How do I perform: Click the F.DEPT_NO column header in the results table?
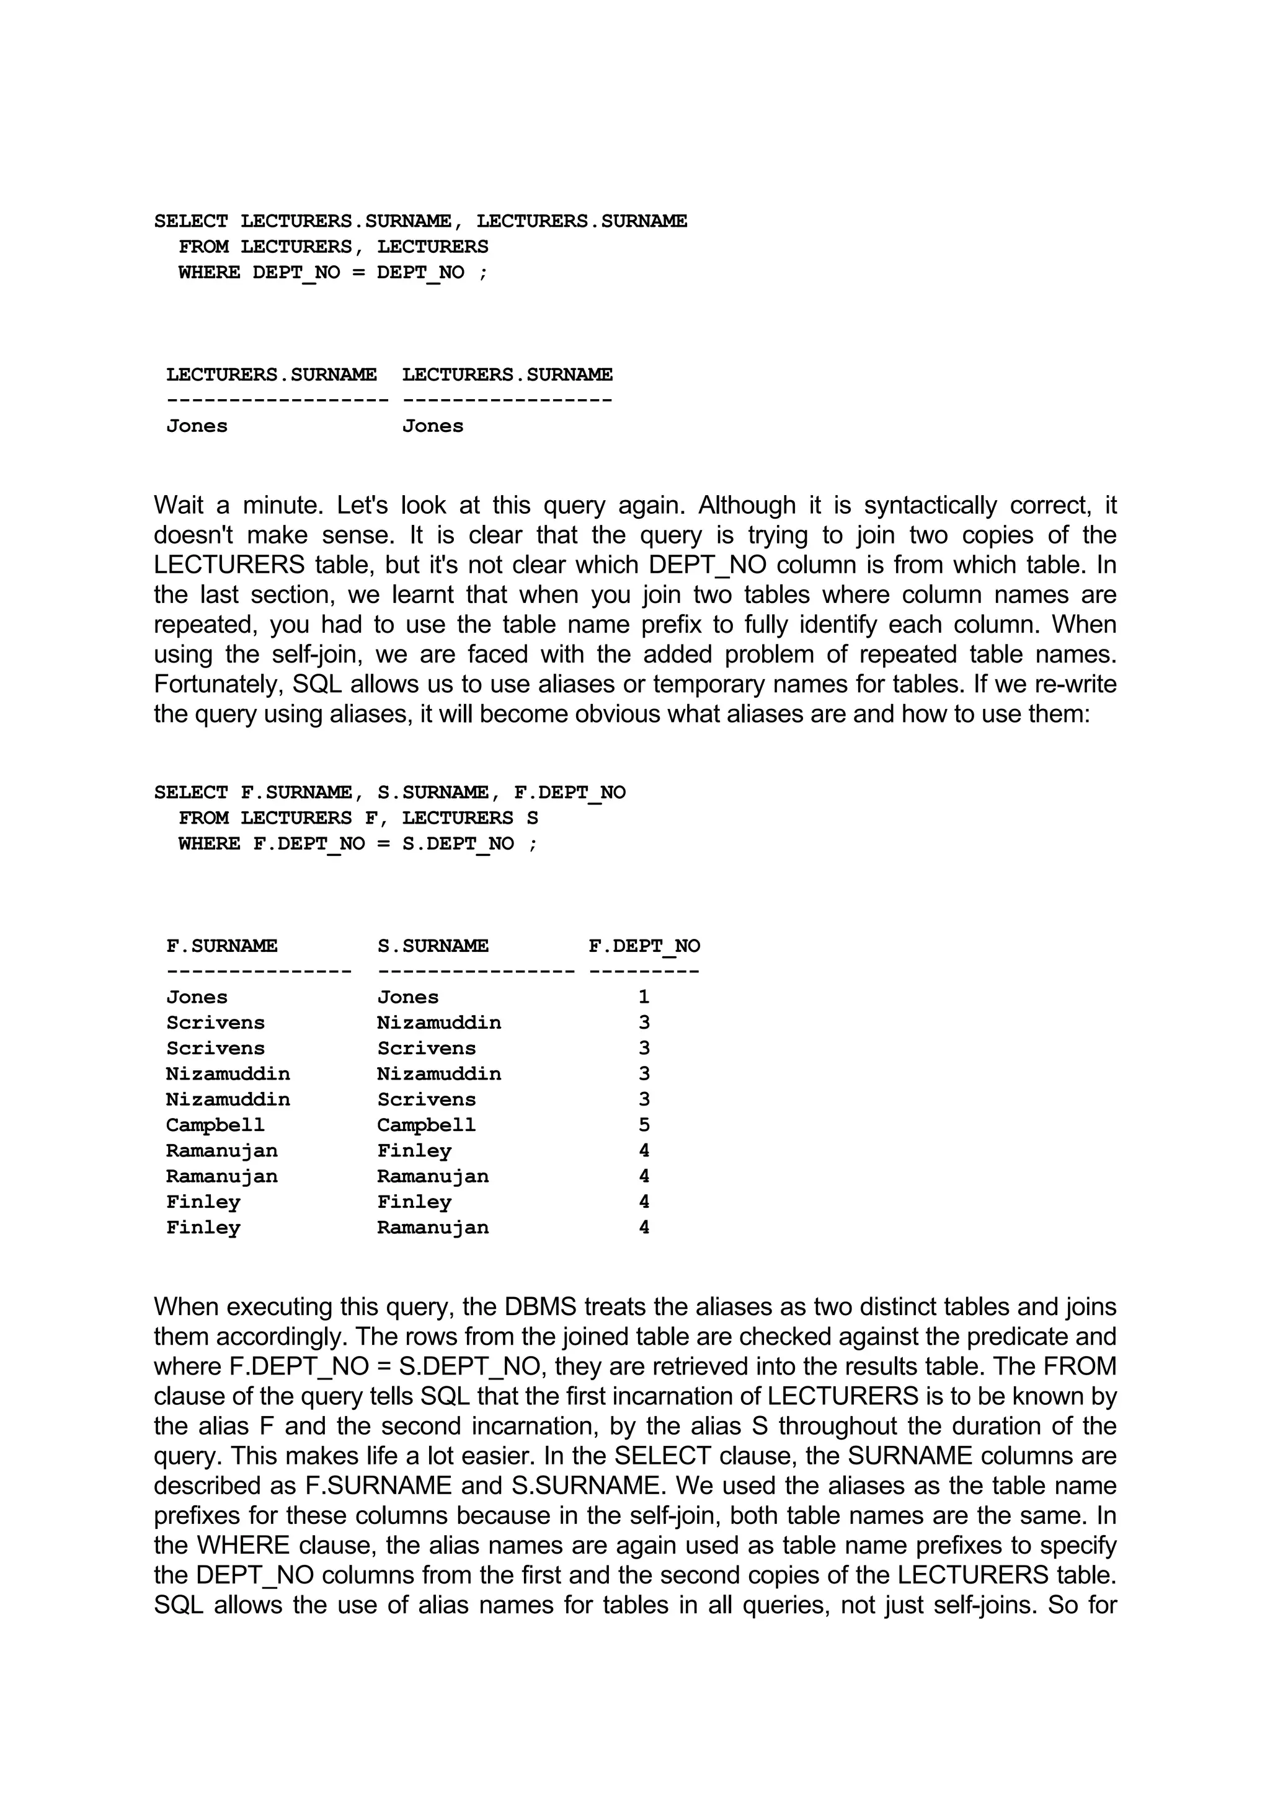click(x=644, y=946)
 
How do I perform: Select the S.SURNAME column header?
click(x=433, y=946)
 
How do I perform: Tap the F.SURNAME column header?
click(x=221, y=946)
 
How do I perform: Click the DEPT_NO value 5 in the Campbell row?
click(x=644, y=1125)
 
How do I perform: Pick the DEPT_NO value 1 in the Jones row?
click(x=644, y=997)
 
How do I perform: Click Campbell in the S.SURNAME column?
click(x=427, y=1125)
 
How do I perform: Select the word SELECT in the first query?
click(x=191, y=221)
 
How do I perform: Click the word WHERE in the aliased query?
click(x=209, y=843)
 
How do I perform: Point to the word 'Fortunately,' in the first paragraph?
click(x=218, y=684)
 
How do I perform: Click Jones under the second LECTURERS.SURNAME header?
click(x=433, y=426)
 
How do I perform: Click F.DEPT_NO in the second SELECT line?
click(x=570, y=793)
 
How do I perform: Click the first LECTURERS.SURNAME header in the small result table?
click(x=271, y=375)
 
